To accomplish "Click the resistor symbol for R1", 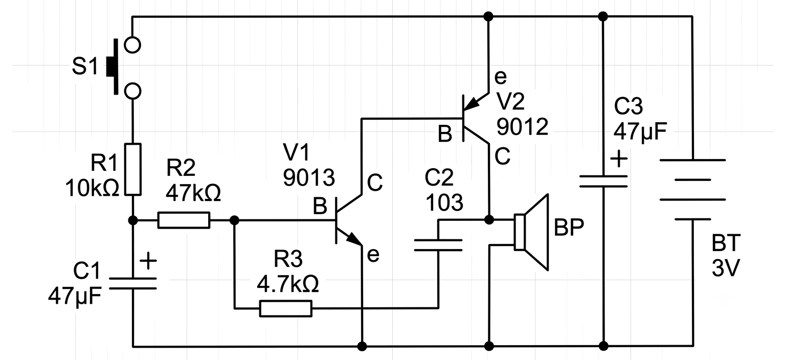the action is tap(133, 169).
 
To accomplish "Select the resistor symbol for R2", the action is tap(184, 220).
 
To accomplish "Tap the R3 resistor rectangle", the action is tap(285, 308).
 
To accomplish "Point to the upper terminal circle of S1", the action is tap(133, 45).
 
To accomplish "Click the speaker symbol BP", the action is tap(531, 232).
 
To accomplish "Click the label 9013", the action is tap(309, 177).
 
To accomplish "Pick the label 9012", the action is tap(522, 126).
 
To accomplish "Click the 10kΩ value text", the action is tap(92, 188).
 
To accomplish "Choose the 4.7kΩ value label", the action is tap(288, 284).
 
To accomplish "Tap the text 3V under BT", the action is tap(726, 268).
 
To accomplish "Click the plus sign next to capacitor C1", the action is tap(148, 261).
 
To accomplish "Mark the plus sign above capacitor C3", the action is tap(619, 159).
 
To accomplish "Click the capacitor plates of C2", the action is tap(438, 245).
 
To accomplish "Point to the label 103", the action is tap(444, 202).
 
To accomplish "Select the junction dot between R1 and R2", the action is tap(133, 220).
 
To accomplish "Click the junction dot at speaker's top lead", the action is tap(489, 220).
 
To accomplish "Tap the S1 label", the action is tap(84, 66).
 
